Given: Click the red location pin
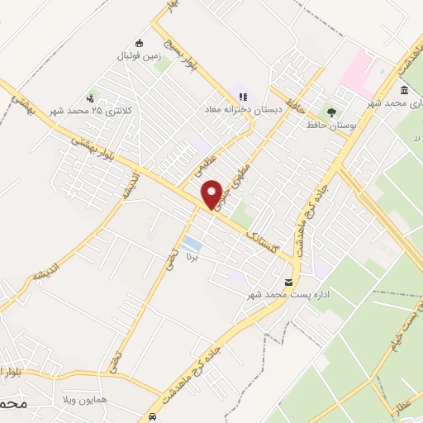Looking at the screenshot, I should coord(213,195).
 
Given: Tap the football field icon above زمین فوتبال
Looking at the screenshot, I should coord(139,43).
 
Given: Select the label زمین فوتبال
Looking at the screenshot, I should coord(138,56).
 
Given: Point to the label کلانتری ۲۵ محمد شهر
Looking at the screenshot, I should coord(78,110).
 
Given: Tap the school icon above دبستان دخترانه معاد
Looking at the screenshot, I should coord(243,97).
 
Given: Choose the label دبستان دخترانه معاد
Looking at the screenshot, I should coord(245,109).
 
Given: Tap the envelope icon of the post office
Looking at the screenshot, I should coord(287,281).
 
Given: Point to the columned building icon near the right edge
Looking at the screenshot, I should coord(404,90).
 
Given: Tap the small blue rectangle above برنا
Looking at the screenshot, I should coord(192,243).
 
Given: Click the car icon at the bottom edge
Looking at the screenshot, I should coord(153,416).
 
